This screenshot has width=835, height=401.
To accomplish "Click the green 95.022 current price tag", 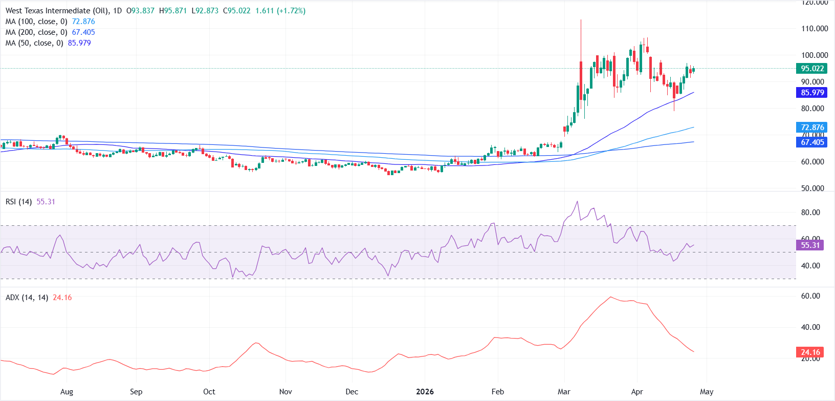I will click(x=811, y=69).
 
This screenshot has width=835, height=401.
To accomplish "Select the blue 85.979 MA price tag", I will click(x=811, y=93).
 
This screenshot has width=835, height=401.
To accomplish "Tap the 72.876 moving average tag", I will click(x=811, y=127).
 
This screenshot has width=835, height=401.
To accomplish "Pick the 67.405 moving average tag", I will click(x=811, y=142).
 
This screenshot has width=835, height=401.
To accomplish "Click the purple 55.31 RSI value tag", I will click(x=810, y=245).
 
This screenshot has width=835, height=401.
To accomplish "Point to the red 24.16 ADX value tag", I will click(x=810, y=352).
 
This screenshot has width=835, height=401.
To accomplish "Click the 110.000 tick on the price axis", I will click(x=815, y=29).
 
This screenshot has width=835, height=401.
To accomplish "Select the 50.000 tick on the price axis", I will click(x=812, y=188).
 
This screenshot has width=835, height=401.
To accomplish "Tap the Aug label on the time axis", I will click(x=67, y=392).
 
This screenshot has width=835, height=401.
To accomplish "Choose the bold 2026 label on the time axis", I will click(x=425, y=392).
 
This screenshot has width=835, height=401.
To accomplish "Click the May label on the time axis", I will click(x=707, y=392).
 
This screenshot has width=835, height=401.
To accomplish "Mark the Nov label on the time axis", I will click(x=285, y=392).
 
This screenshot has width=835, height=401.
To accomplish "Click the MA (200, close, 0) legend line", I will click(x=50, y=32).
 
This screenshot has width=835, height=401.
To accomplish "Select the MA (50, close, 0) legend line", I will click(x=48, y=43).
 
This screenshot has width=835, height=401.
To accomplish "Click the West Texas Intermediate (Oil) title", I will click(x=55, y=11).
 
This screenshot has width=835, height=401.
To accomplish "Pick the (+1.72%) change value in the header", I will click(x=291, y=11).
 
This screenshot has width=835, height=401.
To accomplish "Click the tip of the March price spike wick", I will click(x=581, y=20).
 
